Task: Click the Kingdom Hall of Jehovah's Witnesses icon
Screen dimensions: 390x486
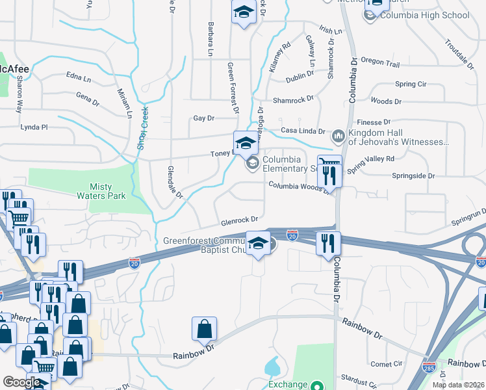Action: click(337, 136)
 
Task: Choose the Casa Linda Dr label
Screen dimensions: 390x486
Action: click(302, 130)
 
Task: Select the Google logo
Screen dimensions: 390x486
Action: click(22, 382)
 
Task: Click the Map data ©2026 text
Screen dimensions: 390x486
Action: click(457, 385)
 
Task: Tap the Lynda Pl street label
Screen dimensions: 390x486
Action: click(34, 127)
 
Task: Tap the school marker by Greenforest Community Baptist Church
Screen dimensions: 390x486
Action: click(259, 244)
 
